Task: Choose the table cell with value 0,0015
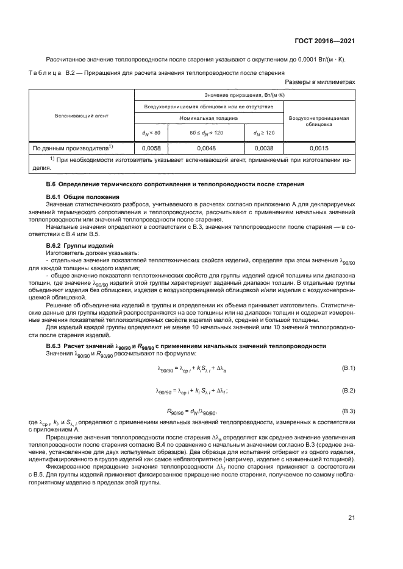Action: (x=319, y=148)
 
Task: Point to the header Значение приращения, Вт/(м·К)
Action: (x=243, y=96)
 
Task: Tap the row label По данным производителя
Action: (x=70, y=148)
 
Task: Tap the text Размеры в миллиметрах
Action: (x=320, y=81)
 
